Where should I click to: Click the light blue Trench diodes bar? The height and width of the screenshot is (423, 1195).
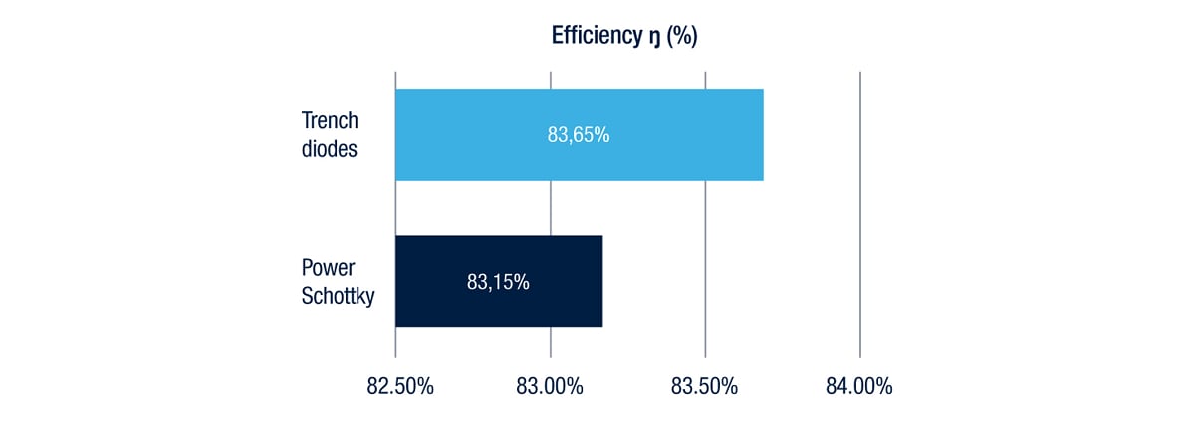click(478, 134)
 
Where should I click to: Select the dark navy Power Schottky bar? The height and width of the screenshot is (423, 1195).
click(448, 281)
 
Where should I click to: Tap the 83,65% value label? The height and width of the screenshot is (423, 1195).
click(579, 135)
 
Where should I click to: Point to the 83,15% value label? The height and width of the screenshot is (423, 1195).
click(498, 282)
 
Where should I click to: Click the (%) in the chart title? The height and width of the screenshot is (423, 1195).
click(682, 37)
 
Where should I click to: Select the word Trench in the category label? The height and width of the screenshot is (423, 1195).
click(330, 120)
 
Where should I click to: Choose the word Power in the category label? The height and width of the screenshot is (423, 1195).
click(327, 268)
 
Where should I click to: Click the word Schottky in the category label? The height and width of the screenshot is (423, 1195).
click(338, 296)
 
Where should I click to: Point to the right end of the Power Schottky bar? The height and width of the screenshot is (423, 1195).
click(600, 281)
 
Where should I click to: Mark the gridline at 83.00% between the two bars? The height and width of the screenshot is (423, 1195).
click(551, 208)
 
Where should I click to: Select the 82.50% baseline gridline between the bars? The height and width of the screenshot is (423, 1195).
click(395, 208)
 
